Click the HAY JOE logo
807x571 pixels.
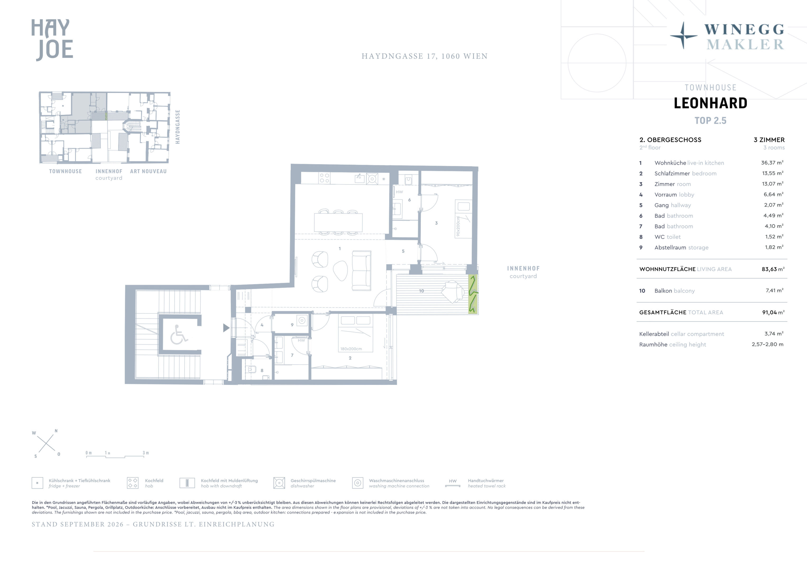[52, 40]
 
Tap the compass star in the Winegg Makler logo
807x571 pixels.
[683, 35]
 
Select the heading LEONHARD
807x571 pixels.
[710, 103]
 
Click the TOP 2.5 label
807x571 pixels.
[710, 121]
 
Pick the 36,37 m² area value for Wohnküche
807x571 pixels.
[772, 163]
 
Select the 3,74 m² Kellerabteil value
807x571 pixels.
[774, 334]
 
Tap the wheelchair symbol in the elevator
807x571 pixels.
[179, 334]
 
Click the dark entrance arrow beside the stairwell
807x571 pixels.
[226, 328]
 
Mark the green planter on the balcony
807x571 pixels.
[473, 294]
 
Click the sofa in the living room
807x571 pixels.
[362, 271]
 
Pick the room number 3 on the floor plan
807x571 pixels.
[436, 223]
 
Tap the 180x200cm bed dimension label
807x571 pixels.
[351, 349]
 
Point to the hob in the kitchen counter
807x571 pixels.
[324, 178]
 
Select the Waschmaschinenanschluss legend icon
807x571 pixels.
[357, 483]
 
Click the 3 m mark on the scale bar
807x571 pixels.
[145, 453]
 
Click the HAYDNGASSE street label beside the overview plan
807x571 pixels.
[178, 127]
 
